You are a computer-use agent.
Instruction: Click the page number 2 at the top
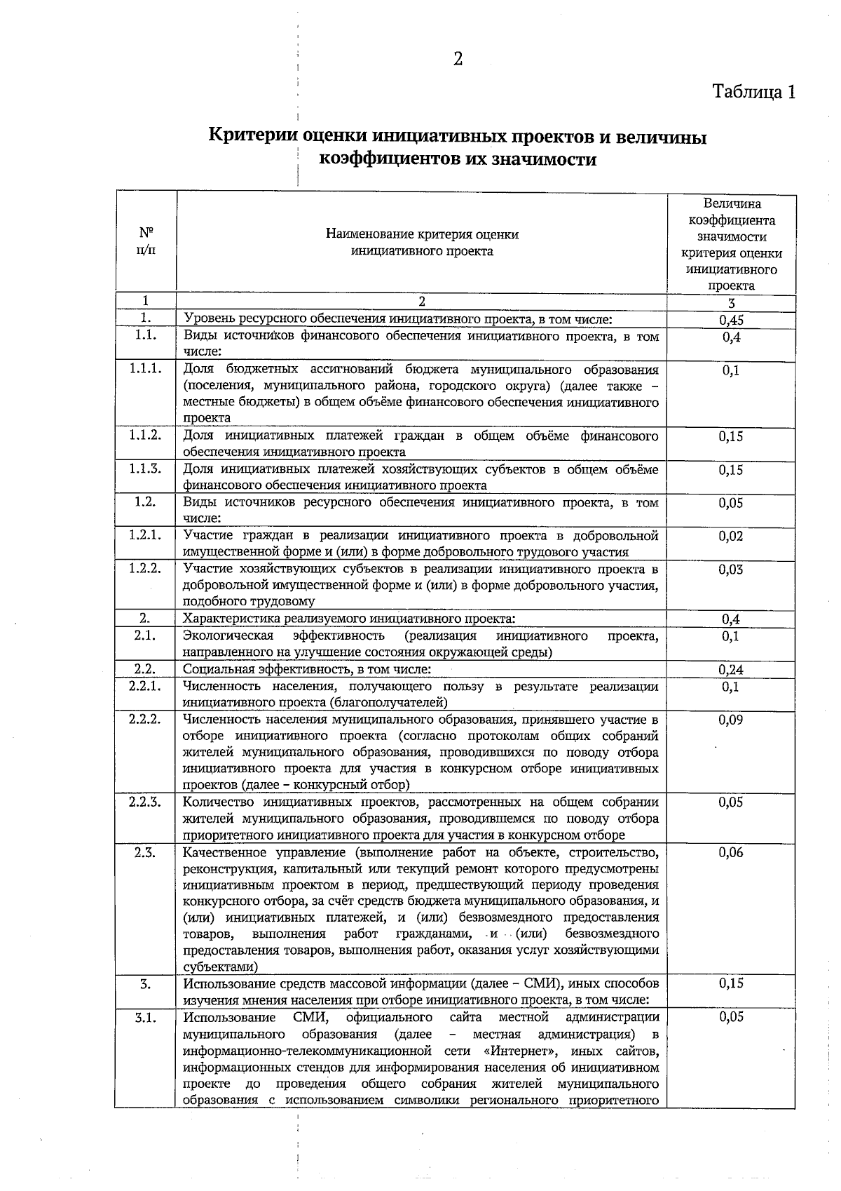coord(458,60)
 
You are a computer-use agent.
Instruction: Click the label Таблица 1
coord(754,92)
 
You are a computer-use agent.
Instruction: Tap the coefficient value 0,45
coord(731,321)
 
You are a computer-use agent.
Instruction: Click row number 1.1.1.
coord(146,369)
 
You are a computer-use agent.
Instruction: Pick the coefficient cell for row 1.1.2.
coord(731,436)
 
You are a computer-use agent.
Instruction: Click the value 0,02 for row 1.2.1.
coord(731,536)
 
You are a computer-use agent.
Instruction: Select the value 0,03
coord(731,570)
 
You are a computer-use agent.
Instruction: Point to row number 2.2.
coord(145,669)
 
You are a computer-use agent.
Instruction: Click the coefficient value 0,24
coord(731,670)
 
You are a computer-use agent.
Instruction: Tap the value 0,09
coord(731,720)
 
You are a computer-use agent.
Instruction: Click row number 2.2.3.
coord(146,802)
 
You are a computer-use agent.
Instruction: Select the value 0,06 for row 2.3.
coord(731,852)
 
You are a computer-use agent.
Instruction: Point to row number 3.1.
coord(145,1017)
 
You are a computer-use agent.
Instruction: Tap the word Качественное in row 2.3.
coord(223,852)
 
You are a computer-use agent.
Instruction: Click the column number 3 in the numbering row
coord(731,304)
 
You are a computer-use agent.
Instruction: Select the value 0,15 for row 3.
coord(731,983)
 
